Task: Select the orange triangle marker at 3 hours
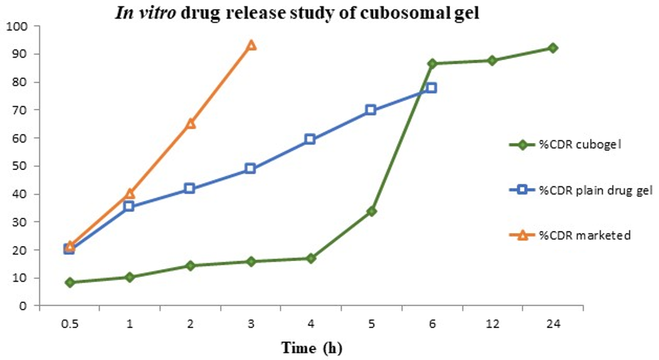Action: (251, 45)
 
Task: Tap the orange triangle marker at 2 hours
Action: (190, 123)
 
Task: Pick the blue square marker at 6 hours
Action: (431, 88)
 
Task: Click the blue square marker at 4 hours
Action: (310, 139)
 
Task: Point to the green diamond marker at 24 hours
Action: (552, 48)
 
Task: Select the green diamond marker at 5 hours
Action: (371, 211)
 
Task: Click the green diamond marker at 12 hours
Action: (492, 60)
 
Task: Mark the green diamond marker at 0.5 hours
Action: (69, 282)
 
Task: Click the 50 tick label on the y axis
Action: (19, 166)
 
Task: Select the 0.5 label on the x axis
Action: (69, 324)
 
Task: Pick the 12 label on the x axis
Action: (492, 324)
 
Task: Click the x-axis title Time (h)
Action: (312, 348)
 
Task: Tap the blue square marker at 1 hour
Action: (129, 206)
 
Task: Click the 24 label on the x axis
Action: (552, 324)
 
